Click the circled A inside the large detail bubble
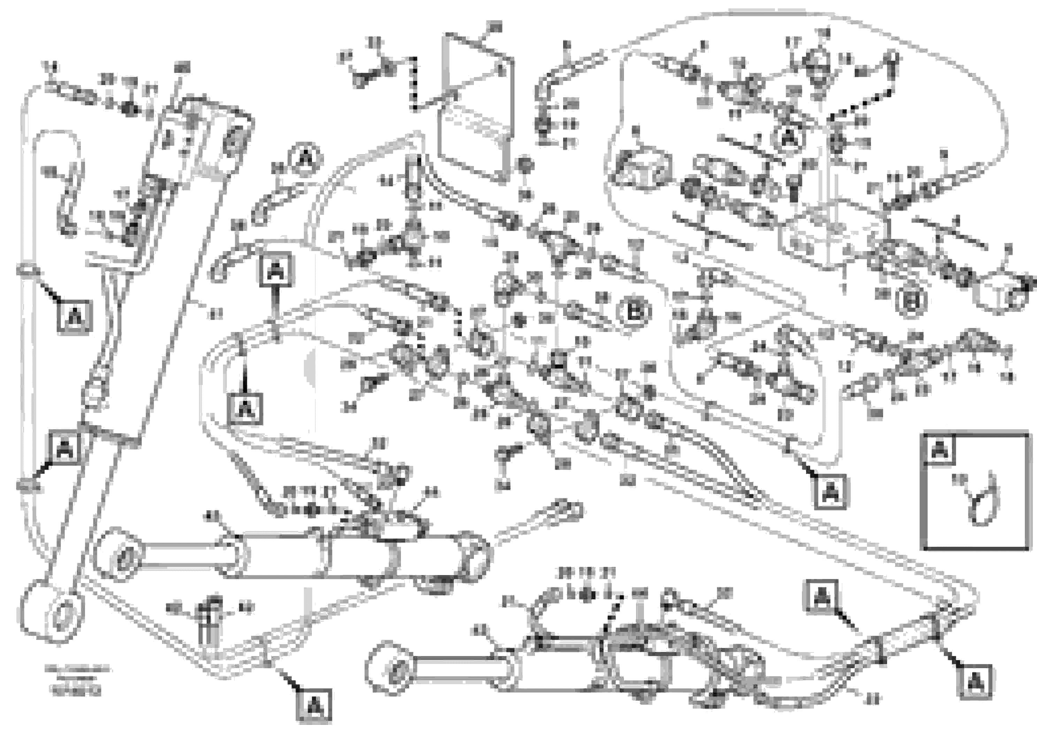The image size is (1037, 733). pyautogui.click(x=789, y=139)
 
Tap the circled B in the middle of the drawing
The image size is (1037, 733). pyautogui.click(x=634, y=311)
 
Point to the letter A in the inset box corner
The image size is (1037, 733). pyautogui.click(x=940, y=449)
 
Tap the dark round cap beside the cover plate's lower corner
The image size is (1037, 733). pyautogui.click(x=525, y=164)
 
